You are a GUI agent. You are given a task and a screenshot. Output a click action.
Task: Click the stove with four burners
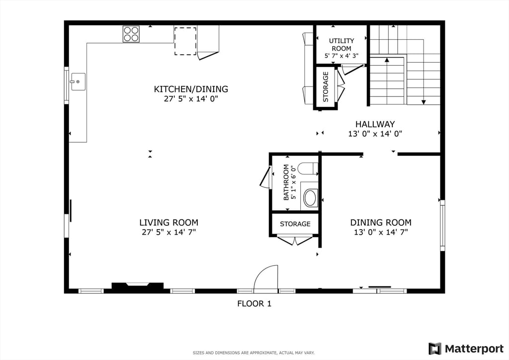click(131, 34)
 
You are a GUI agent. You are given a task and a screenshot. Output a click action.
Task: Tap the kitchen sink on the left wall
click(78, 82)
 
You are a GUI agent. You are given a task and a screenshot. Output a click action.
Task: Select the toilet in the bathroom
click(308, 169)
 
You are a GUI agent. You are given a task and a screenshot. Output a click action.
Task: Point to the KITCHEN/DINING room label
click(191, 90)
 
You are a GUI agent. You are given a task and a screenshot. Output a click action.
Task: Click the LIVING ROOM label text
click(169, 223)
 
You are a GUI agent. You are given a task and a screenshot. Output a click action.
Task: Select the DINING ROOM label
click(381, 223)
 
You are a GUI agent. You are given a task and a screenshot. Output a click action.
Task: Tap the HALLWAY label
click(375, 124)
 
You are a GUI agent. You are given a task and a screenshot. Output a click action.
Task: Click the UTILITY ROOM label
click(341, 44)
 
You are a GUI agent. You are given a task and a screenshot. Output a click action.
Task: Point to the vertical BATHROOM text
click(286, 182)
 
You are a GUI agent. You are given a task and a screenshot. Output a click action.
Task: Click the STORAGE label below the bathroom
click(295, 224)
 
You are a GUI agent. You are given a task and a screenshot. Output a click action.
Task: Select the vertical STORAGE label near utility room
click(326, 87)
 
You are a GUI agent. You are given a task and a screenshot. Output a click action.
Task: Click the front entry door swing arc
click(266, 277)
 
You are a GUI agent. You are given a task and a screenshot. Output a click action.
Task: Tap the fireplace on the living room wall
click(138, 286)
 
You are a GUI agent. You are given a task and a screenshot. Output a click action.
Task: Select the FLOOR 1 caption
click(254, 303)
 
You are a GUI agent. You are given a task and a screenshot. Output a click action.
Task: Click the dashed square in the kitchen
click(185, 41)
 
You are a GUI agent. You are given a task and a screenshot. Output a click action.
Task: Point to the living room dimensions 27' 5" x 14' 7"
click(169, 232)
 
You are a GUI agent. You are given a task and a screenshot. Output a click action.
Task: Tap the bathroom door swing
click(265, 178)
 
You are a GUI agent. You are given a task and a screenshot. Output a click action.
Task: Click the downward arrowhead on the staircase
click(424, 102)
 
